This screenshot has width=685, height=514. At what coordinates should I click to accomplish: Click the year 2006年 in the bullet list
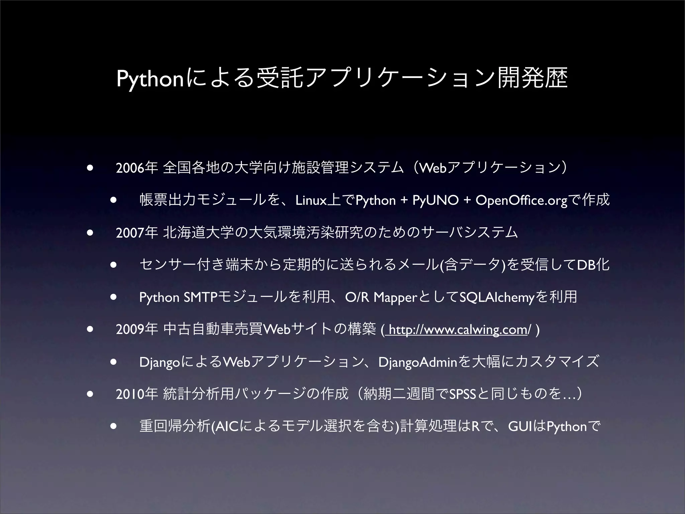(x=136, y=168)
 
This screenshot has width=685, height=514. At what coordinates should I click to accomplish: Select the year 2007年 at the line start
(x=136, y=233)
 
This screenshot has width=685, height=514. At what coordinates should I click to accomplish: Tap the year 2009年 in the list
(x=136, y=330)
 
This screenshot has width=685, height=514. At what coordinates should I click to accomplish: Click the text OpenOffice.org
(x=521, y=201)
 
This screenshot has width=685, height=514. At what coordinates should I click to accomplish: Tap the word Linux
(x=311, y=201)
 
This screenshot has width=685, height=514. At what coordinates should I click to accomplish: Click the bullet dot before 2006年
(x=89, y=168)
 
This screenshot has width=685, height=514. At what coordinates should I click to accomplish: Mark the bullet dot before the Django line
(x=114, y=362)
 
